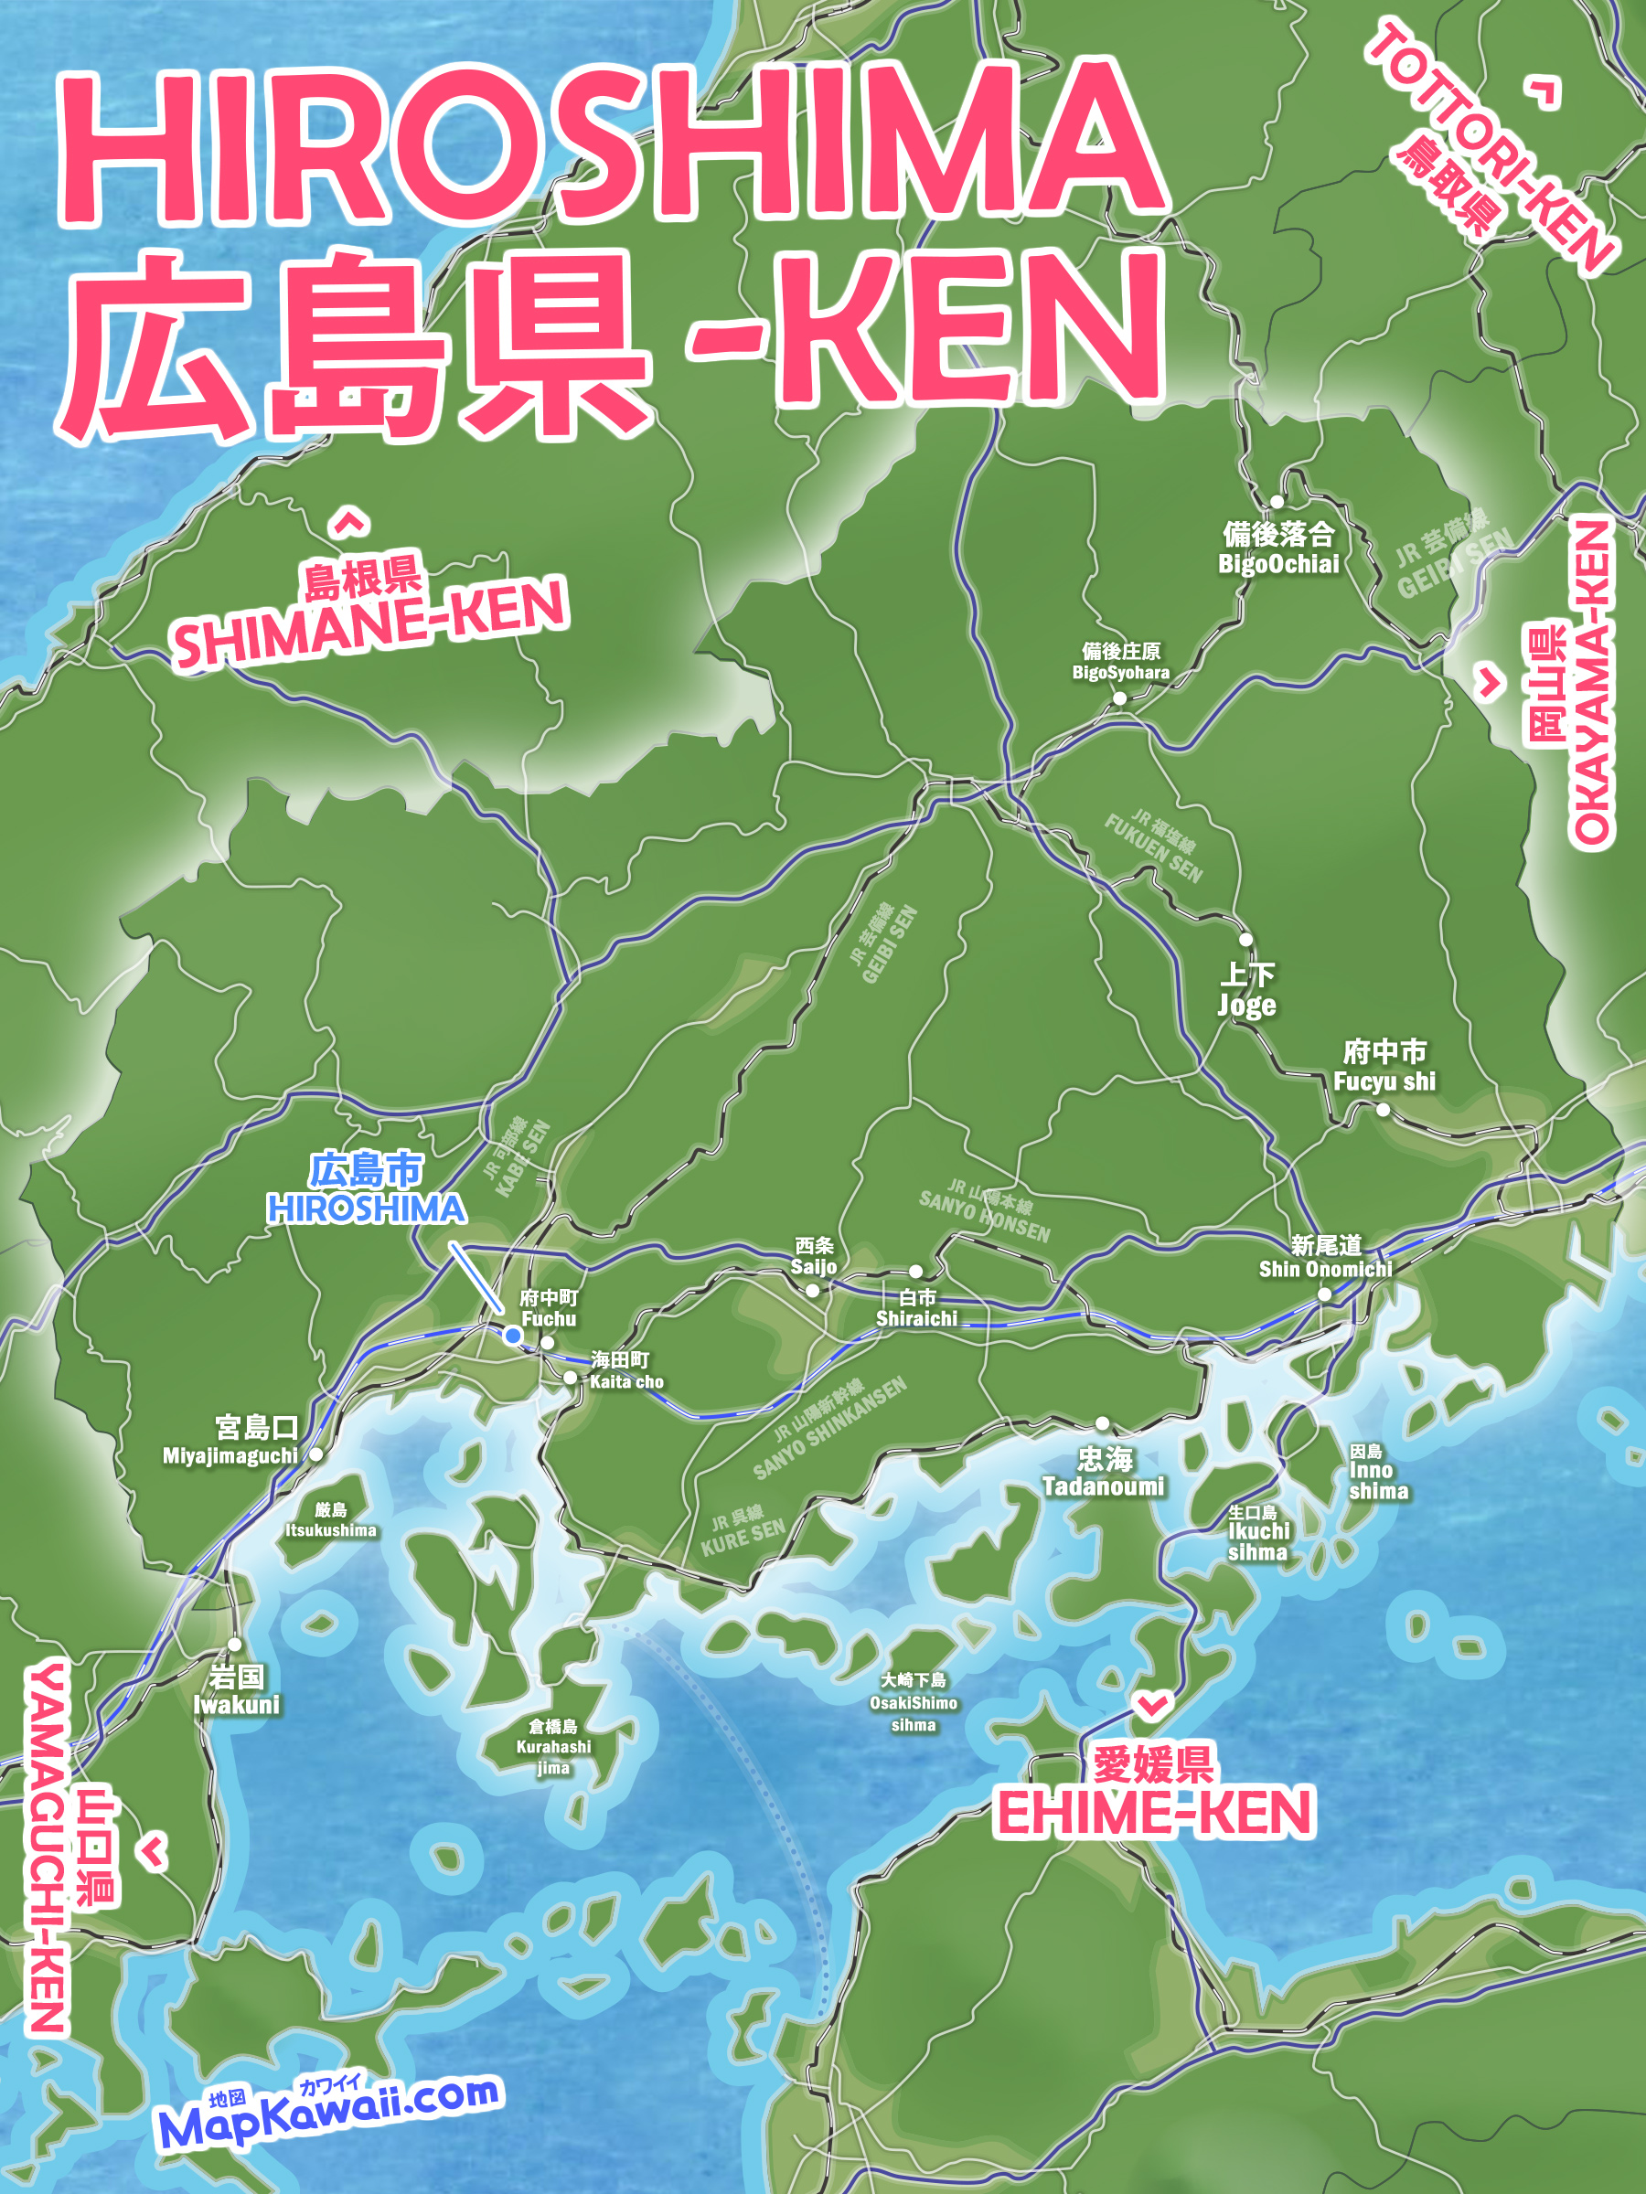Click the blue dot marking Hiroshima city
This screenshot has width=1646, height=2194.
click(x=513, y=1336)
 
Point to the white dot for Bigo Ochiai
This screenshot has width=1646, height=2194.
click(x=1277, y=502)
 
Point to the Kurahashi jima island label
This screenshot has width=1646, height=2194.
click(x=552, y=1747)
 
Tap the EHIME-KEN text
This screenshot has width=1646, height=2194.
click(x=1155, y=1812)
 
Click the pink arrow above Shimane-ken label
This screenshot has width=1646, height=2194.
click(x=348, y=522)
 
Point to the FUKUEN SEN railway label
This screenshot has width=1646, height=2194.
click(x=1153, y=848)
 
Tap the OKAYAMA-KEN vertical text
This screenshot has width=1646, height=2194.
click(x=1591, y=685)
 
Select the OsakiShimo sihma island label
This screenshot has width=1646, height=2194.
click(x=913, y=1702)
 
